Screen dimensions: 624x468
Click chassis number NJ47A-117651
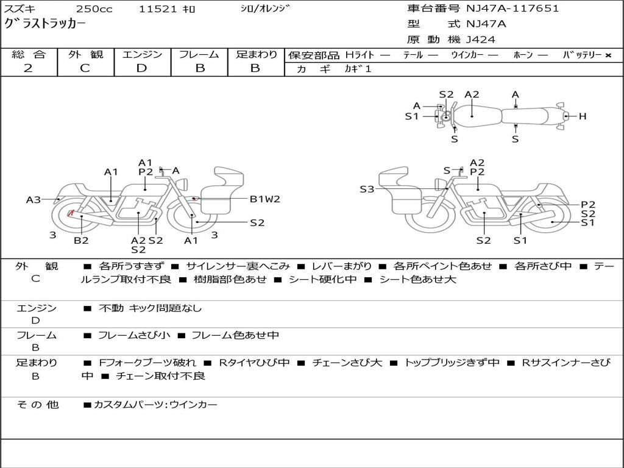(512, 9)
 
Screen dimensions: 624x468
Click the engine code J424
(481, 40)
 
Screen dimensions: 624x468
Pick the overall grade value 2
(28, 68)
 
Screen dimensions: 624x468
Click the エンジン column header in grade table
(142, 55)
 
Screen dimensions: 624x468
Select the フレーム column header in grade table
(199, 55)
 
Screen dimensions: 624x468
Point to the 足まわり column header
(257, 55)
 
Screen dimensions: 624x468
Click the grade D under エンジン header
(142, 68)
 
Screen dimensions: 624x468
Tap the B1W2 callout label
(265, 199)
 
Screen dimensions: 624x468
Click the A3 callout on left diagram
(33, 199)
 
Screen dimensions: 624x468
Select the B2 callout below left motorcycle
(81, 241)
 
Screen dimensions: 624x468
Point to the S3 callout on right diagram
(367, 190)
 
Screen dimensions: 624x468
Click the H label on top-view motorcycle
(583, 116)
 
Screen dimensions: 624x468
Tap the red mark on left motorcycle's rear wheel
(71, 213)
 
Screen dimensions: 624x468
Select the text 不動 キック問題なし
(150, 308)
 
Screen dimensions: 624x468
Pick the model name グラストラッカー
(45, 24)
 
